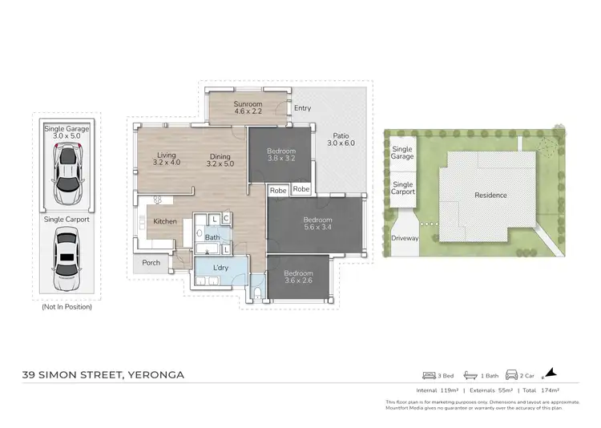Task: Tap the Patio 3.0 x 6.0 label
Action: pyautogui.click(x=340, y=139)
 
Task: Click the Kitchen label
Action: pyautogui.click(x=165, y=221)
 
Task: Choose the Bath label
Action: pyautogui.click(x=212, y=237)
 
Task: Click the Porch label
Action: pyautogui.click(x=151, y=263)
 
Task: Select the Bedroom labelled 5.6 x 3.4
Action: pyautogui.click(x=315, y=224)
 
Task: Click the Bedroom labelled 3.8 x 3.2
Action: pyautogui.click(x=281, y=155)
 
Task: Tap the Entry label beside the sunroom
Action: pyautogui.click(x=302, y=108)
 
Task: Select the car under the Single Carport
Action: pyautogui.click(x=67, y=259)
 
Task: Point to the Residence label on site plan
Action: pyautogui.click(x=490, y=195)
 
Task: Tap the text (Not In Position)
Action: pyautogui.click(x=67, y=306)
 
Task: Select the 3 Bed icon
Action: pyautogui.click(x=430, y=375)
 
